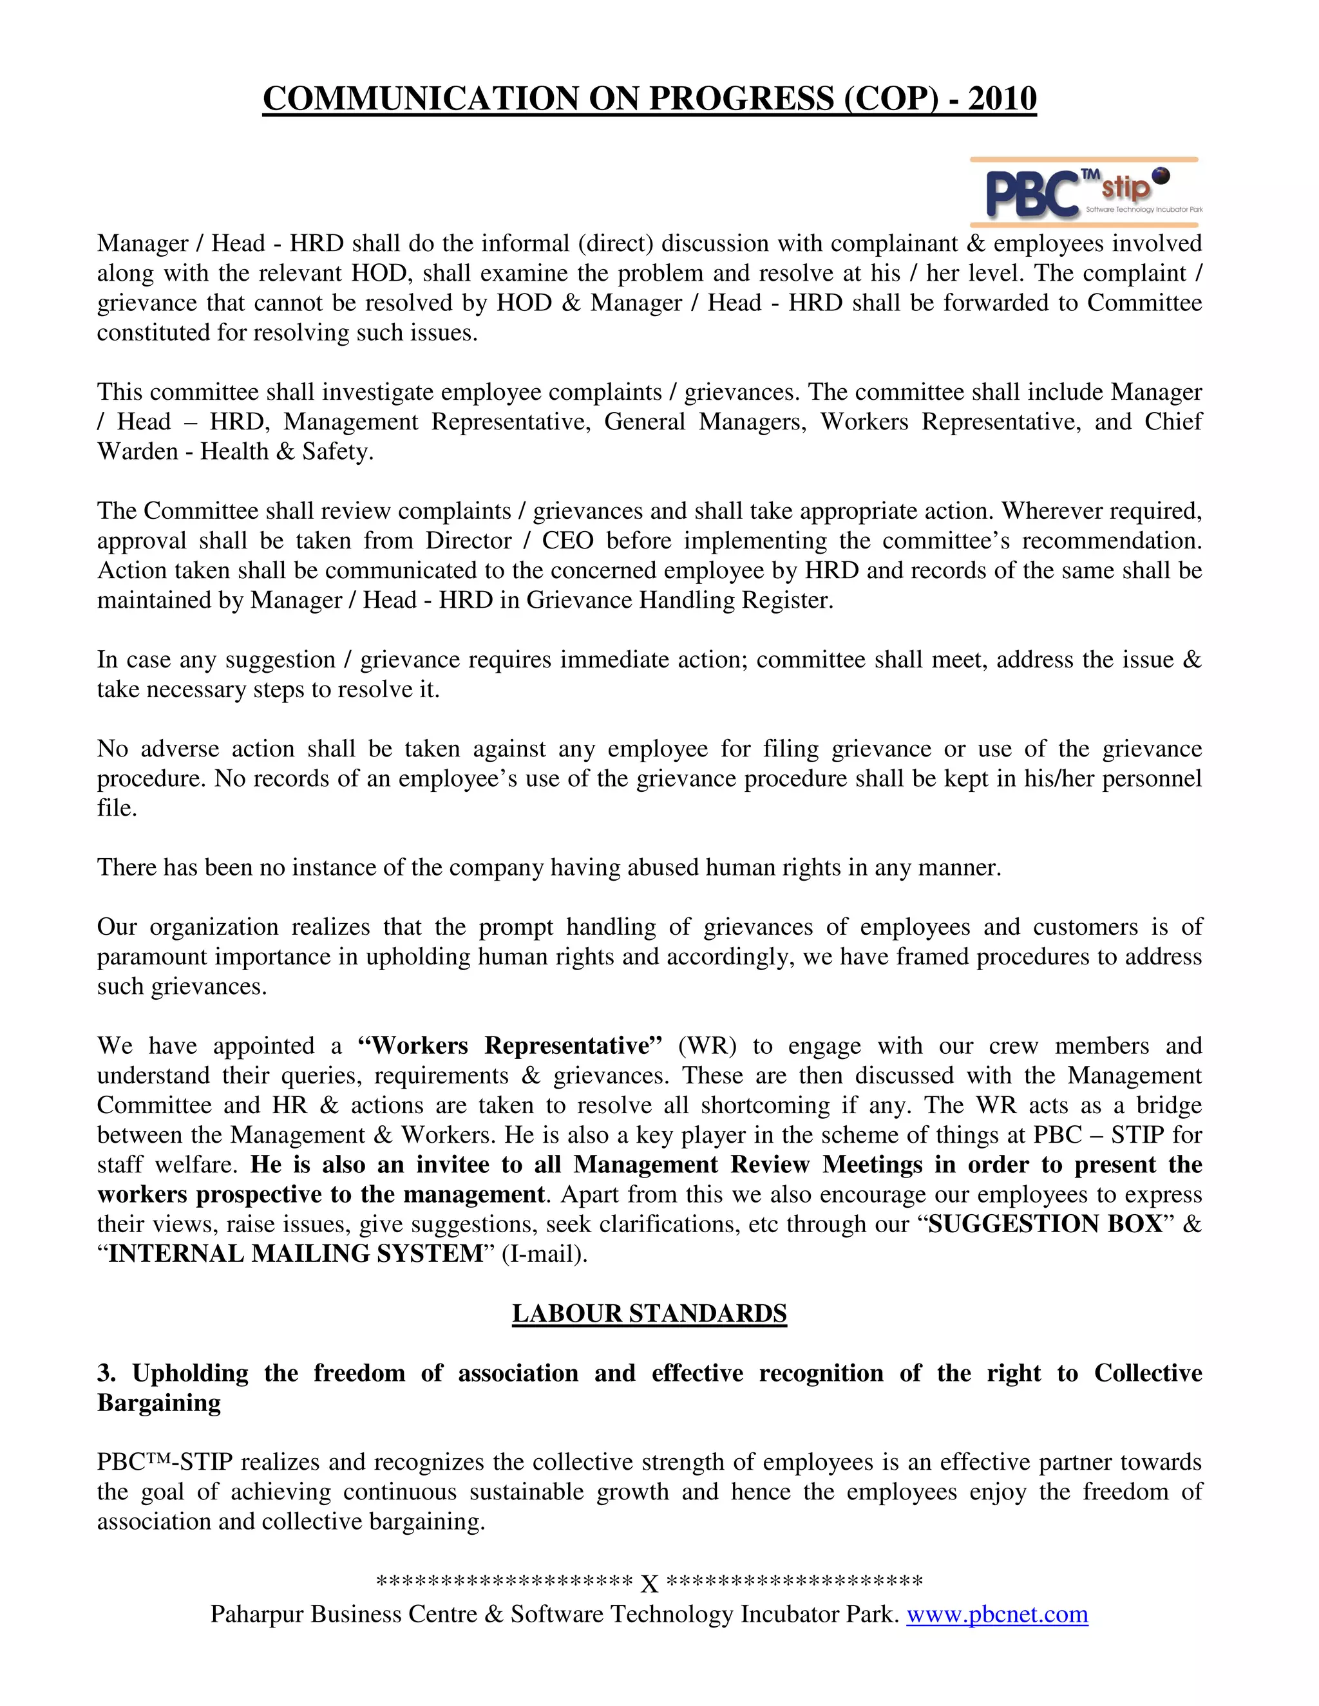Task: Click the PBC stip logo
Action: point(1083,192)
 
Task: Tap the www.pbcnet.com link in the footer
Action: point(997,1614)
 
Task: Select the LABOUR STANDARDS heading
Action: point(649,1314)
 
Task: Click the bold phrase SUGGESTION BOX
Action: point(1045,1223)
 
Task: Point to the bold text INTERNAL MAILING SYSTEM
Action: point(296,1253)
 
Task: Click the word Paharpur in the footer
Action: point(256,1614)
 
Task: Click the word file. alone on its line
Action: point(117,808)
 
